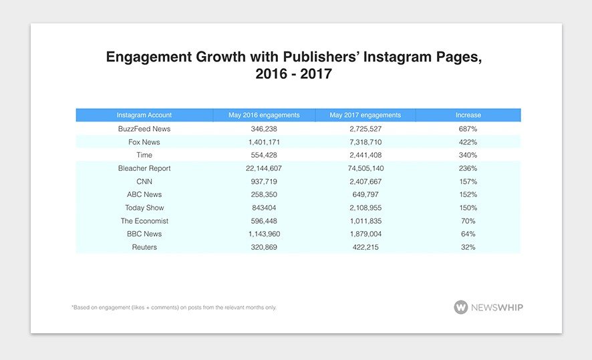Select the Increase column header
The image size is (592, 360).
pyautogui.click(x=468, y=115)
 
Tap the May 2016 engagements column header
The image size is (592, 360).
pyautogui.click(x=263, y=115)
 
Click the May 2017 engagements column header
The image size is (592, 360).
pyautogui.click(x=365, y=115)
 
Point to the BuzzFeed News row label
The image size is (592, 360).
pyautogui.click(x=144, y=129)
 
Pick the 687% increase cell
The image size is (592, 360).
pyautogui.click(x=468, y=129)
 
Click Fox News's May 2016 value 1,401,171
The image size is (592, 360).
pyautogui.click(x=263, y=142)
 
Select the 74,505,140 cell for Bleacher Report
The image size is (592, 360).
pyautogui.click(x=365, y=168)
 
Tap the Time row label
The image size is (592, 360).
pyautogui.click(x=144, y=155)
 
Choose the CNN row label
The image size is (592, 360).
pyautogui.click(x=144, y=182)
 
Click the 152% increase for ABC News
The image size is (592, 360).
pyautogui.click(x=468, y=194)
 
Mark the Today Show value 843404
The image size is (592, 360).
pyautogui.click(x=263, y=208)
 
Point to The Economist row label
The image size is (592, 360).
pyautogui.click(x=144, y=221)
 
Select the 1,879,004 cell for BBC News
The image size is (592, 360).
pyautogui.click(x=365, y=234)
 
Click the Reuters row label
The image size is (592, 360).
pyautogui.click(x=144, y=247)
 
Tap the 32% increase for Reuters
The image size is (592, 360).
pyautogui.click(x=468, y=247)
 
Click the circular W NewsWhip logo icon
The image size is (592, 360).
pyautogui.click(x=461, y=307)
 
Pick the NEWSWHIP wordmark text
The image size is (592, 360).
pyautogui.click(x=498, y=307)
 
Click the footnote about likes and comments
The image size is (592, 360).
pyautogui.click(x=173, y=308)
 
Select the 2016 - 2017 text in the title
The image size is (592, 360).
pyautogui.click(x=293, y=74)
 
